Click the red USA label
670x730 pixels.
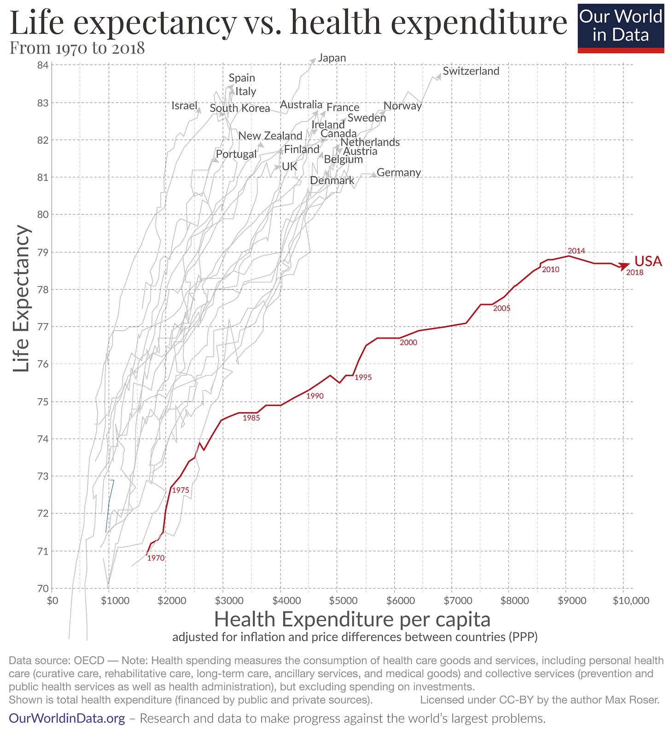pyautogui.click(x=648, y=261)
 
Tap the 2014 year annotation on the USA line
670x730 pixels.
pyautogui.click(x=576, y=251)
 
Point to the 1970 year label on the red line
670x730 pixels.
pyautogui.click(x=156, y=558)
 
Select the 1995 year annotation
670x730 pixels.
pyautogui.click(x=363, y=377)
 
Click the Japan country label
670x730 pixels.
pyautogui.click(x=332, y=58)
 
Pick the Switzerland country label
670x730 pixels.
pyautogui.click(x=471, y=71)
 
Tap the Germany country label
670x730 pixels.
pyautogui.click(x=399, y=172)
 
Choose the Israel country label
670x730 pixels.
pyautogui.click(x=184, y=105)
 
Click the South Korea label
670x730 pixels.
pyautogui.click(x=240, y=108)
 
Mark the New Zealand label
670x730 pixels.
pyautogui.click(x=270, y=136)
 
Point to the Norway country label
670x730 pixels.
pyautogui.click(x=402, y=105)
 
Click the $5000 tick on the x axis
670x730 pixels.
pyautogui.click(x=343, y=601)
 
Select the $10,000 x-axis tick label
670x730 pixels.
pyautogui.click(x=630, y=601)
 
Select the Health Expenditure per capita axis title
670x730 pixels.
pyautogui.click(x=352, y=619)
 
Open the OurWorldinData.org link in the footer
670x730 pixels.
pyautogui.click(x=67, y=718)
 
